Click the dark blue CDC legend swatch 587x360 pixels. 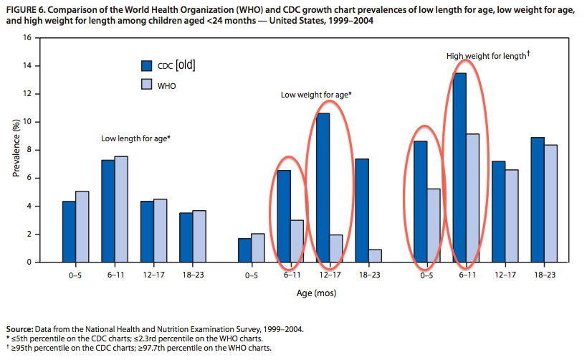[147, 65]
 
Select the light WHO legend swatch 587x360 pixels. [147, 85]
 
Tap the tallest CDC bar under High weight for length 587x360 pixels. [459, 168]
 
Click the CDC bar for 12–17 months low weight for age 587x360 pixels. [323, 188]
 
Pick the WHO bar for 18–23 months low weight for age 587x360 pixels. [375, 256]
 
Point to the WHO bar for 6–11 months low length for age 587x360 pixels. [121, 209]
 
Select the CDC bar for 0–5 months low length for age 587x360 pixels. [69, 232]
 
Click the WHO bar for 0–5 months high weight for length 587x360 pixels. [434, 225]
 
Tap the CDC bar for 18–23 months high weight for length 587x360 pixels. [538, 199]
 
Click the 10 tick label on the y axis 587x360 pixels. [27, 122]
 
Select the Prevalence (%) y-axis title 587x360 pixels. [16, 148]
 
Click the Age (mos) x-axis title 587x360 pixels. [316, 293]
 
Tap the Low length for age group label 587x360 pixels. [135, 138]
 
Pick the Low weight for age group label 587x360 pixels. [316, 95]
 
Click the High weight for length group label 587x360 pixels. [488, 55]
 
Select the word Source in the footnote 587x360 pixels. [19, 329]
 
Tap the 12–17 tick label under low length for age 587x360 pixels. [153, 275]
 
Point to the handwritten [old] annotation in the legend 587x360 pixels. [186, 65]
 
